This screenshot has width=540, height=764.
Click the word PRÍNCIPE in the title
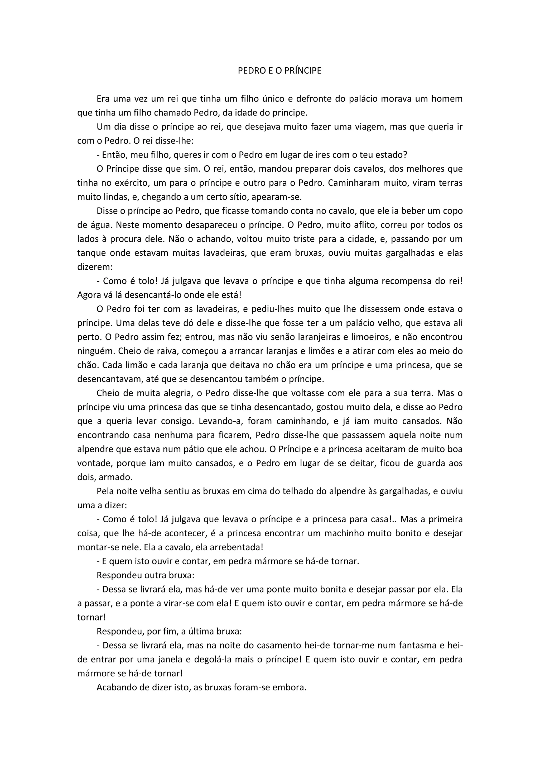[303, 71]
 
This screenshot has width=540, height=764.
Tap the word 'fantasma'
[417, 646]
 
